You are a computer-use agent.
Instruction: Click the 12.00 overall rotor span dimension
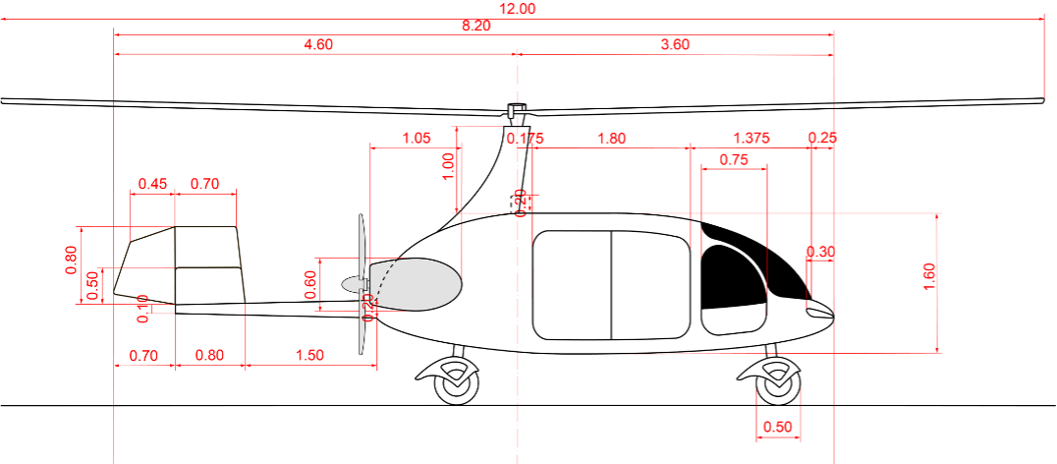[x=518, y=8]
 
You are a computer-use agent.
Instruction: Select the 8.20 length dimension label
[x=475, y=25]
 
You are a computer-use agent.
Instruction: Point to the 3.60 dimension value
[x=675, y=44]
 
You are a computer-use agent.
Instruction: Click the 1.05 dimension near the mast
[x=417, y=139]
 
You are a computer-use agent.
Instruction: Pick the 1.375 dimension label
[x=751, y=139]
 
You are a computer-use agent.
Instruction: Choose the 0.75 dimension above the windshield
[x=734, y=159]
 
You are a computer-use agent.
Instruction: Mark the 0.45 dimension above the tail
[x=153, y=184]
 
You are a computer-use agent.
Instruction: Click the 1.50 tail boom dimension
[x=309, y=356]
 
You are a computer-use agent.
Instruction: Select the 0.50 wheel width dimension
[x=777, y=427]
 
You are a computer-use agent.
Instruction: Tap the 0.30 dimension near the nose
[x=820, y=252]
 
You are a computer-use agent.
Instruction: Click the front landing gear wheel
[x=777, y=384]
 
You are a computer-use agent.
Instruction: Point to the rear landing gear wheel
[x=457, y=384]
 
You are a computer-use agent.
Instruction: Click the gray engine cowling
[x=417, y=284]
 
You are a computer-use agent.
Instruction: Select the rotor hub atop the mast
[x=516, y=108]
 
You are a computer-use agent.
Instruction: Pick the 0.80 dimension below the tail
[x=209, y=356]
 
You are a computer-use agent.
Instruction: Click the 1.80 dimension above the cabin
[x=611, y=139]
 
